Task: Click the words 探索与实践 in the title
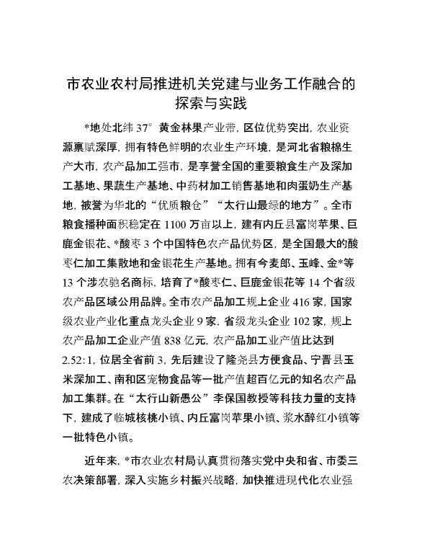click(210, 103)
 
